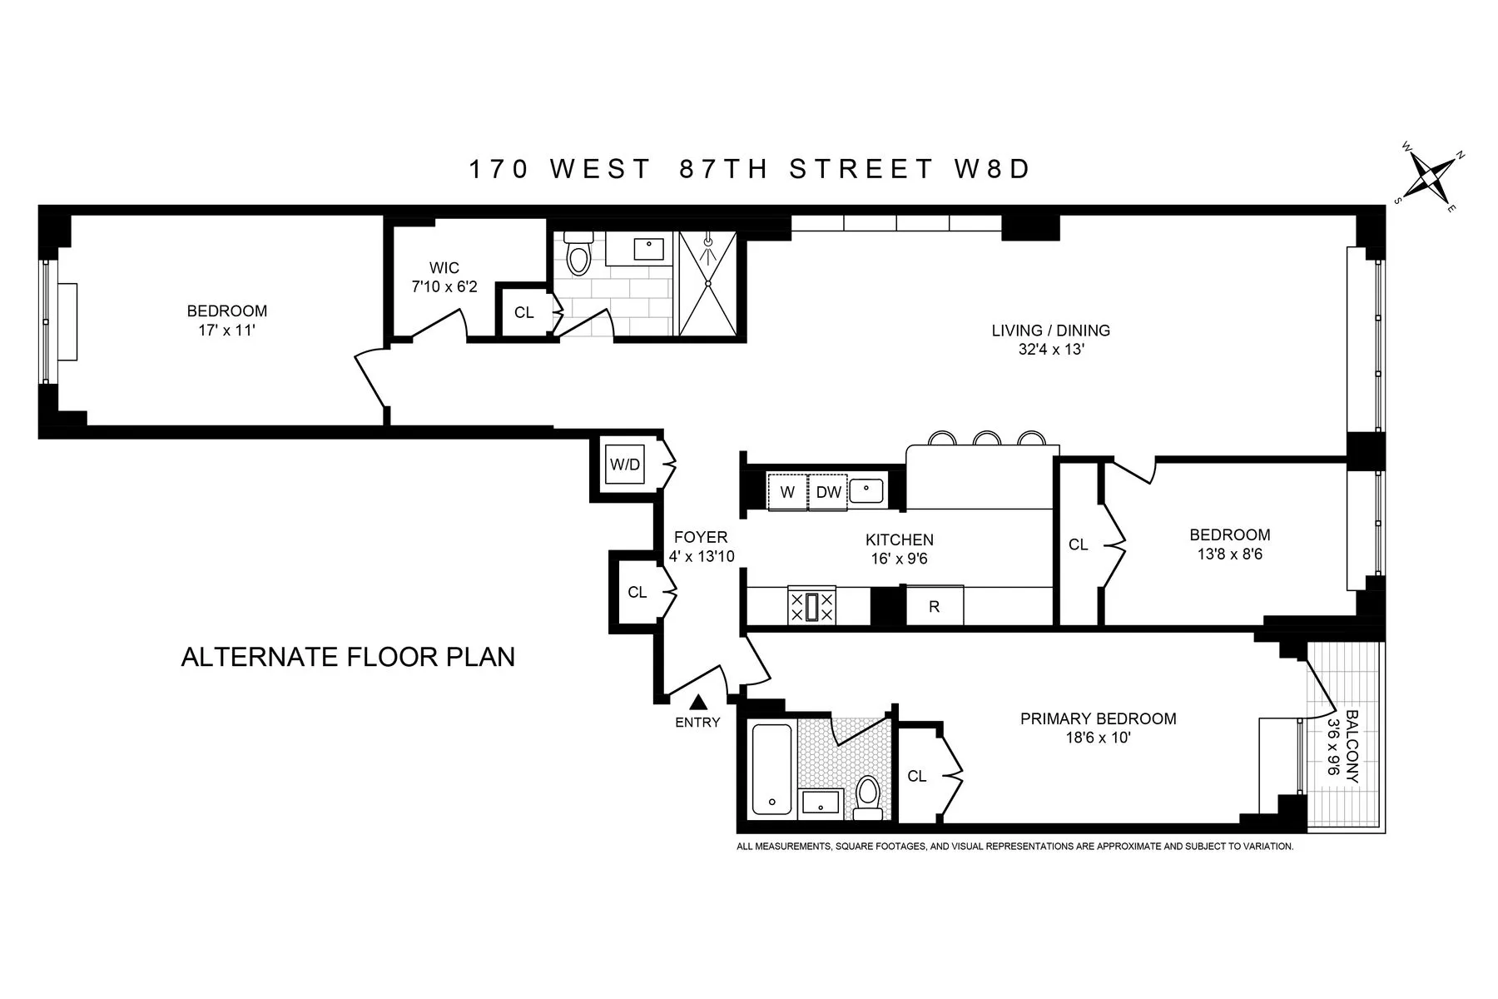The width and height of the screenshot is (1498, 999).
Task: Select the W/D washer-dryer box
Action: [625, 465]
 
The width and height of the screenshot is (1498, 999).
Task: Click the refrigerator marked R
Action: [934, 606]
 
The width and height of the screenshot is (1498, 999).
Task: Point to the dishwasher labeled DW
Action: [828, 492]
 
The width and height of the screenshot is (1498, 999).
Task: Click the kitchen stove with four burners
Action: [811, 606]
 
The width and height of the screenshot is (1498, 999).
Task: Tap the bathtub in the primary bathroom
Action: [773, 768]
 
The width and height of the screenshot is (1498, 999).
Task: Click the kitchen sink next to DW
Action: [866, 490]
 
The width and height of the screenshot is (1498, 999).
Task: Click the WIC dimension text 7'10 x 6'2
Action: [445, 286]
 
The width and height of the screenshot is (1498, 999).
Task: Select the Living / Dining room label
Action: [1050, 331]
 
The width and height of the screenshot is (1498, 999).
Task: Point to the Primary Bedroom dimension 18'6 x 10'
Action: [1099, 738]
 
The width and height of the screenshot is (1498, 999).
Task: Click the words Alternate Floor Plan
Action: [348, 657]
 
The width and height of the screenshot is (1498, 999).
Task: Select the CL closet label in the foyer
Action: [637, 592]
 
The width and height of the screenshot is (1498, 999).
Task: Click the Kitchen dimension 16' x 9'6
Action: [899, 559]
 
